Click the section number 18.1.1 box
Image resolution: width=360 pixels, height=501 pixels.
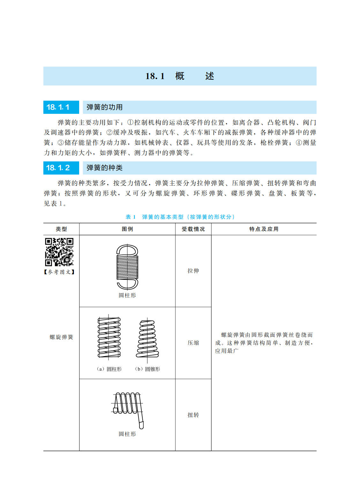[61, 107]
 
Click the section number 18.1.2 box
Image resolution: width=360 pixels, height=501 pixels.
[61, 168]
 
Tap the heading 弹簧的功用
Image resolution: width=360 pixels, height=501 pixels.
[105, 107]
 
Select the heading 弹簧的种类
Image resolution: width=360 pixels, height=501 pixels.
[105, 168]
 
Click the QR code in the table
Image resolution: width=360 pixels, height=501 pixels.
[59, 252]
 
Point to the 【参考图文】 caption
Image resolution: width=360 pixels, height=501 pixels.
[59, 272]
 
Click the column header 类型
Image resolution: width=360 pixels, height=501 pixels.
[61, 229]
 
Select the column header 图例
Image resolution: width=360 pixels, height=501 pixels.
[127, 229]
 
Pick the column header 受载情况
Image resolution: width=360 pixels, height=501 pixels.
[193, 229]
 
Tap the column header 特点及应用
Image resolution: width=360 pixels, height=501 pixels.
[264, 229]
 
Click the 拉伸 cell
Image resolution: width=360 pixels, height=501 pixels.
[193, 271]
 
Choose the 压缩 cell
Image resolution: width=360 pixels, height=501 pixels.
[193, 343]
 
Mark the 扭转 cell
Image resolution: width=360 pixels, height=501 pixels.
[193, 415]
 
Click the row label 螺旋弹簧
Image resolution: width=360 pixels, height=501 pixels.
[61, 337]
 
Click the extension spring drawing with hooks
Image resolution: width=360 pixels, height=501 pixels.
[127, 267]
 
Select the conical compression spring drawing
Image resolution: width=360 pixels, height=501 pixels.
[147, 339]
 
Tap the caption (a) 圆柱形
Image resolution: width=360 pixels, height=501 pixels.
[109, 369]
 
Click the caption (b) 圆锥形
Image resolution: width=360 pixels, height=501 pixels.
[147, 369]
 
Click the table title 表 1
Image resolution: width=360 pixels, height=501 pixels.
[131, 217]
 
